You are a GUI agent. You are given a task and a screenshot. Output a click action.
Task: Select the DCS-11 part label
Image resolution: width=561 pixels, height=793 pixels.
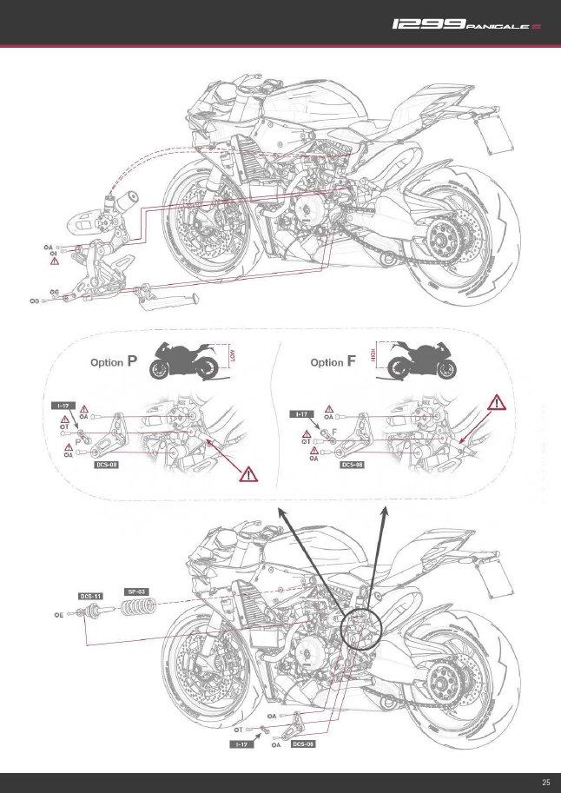[x=92, y=597]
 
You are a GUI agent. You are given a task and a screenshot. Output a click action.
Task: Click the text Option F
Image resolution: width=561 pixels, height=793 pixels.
[x=333, y=362]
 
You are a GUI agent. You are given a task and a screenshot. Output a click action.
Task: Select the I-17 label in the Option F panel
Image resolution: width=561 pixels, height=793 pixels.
[x=300, y=415]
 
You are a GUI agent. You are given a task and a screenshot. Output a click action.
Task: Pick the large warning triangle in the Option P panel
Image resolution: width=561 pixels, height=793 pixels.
[x=249, y=474]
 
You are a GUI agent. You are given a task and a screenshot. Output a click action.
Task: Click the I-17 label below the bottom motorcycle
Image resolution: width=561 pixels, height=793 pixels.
[x=240, y=744]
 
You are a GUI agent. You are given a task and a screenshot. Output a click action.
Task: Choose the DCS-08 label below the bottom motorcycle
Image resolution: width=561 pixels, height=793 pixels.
[x=302, y=744]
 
